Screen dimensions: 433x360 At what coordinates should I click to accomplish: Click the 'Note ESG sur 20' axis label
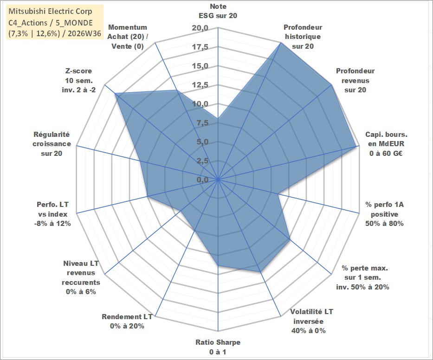click(218, 11)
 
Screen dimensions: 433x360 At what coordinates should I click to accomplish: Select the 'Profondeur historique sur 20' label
click(303, 37)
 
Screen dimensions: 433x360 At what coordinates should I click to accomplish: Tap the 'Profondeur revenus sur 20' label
click(355, 80)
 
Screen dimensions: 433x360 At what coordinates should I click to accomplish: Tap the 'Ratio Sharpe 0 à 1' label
click(218, 347)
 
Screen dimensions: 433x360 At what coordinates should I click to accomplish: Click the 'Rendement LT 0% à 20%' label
click(127, 321)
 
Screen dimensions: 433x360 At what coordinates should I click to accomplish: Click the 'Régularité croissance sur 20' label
click(52, 144)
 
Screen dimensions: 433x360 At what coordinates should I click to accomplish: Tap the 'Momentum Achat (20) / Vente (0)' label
click(128, 37)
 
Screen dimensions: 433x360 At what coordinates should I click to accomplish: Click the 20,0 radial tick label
click(200, 28)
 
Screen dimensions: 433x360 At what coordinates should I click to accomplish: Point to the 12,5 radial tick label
click(200, 85)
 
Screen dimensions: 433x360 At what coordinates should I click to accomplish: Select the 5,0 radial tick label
click(202, 142)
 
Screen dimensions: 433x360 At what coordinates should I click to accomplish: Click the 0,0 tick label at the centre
click(202, 180)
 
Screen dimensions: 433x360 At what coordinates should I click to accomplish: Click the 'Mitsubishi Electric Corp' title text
click(50, 11)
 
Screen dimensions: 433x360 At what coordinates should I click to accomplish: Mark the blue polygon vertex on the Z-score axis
click(115, 94)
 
